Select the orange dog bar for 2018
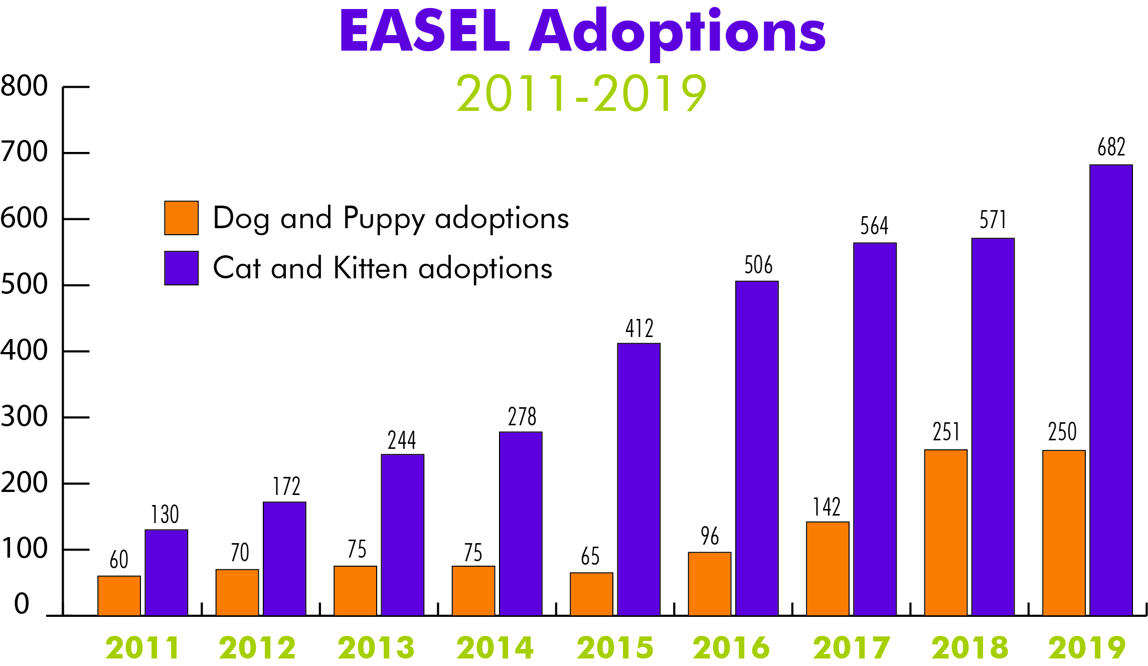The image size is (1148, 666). pos(946,532)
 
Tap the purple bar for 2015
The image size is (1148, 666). pos(638,479)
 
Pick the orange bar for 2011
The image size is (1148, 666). pos(119,595)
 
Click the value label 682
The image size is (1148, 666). pos(1111,147)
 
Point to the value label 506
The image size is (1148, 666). pos(758,265)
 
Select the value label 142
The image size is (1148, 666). pos(827,507)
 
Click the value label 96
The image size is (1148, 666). pos(710,536)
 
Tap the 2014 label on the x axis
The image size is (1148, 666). pos(495,647)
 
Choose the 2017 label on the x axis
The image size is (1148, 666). pos(852,647)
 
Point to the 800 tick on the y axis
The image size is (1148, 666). pos(24,86)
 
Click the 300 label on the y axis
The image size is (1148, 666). pos(24,417)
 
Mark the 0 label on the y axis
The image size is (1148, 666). pos(22,603)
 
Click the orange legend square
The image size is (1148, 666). pos(182,218)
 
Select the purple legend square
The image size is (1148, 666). pos(182,268)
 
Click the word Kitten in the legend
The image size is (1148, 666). pos(370,268)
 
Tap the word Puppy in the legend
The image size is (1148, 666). pos(384,219)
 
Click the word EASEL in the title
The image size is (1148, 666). pos(425,31)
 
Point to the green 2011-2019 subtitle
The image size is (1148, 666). pos(581,93)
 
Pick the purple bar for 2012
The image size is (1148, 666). pos(284,558)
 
